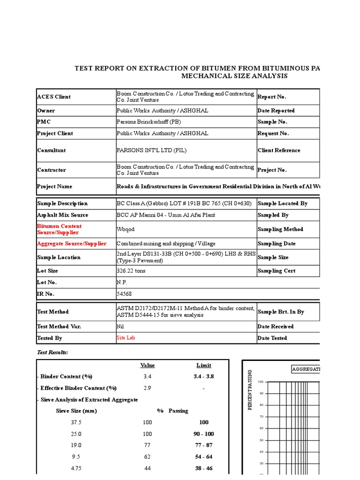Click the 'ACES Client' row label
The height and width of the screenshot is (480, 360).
(x=54, y=97)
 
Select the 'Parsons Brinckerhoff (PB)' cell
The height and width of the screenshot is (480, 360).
(x=149, y=122)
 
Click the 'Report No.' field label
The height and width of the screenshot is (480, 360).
(x=272, y=97)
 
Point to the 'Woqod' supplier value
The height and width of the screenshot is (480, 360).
(x=125, y=229)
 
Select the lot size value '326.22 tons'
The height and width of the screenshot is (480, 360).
(x=133, y=271)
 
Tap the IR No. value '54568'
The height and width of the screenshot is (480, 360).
(x=124, y=294)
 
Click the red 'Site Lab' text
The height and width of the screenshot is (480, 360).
(x=126, y=337)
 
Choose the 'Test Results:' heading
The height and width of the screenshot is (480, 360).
(x=52, y=352)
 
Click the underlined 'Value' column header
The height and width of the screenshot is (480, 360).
(x=147, y=365)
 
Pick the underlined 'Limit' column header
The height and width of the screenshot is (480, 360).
(x=203, y=365)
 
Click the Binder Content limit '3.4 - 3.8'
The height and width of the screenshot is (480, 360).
(x=203, y=376)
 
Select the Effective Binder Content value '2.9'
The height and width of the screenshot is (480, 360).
(x=147, y=388)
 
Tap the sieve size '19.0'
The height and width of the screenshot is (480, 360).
(x=75, y=445)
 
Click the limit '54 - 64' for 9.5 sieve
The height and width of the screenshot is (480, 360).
(x=203, y=457)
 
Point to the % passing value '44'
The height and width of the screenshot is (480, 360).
(x=147, y=468)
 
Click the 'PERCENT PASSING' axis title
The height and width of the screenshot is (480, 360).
(x=250, y=389)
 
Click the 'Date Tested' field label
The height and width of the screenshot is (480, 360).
(x=272, y=338)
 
